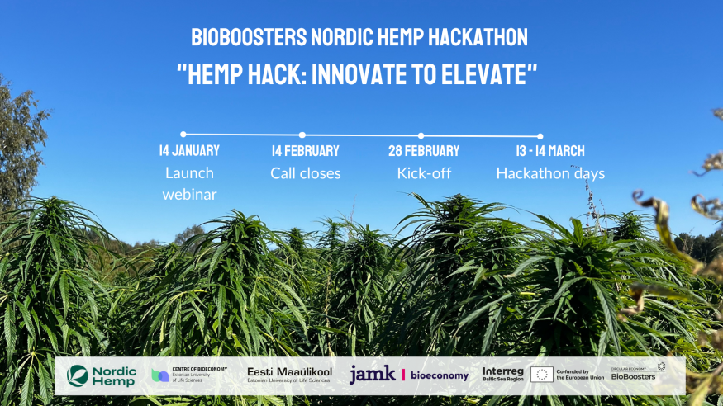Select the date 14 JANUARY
(189, 151)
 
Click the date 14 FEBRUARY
(306, 151)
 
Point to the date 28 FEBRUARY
(424, 151)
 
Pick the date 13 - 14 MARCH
(550, 151)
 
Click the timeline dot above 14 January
(183, 134)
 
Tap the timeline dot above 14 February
(302, 135)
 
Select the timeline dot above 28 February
(421, 135)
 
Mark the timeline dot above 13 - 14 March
(540, 136)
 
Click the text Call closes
(306, 173)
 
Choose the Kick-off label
(424, 173)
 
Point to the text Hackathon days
(550, 173)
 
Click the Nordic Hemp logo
(102, 375)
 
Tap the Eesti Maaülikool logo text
(289, 373)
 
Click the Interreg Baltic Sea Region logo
(502, 375)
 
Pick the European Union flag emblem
(542, 375)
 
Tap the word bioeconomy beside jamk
(440, 375)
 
